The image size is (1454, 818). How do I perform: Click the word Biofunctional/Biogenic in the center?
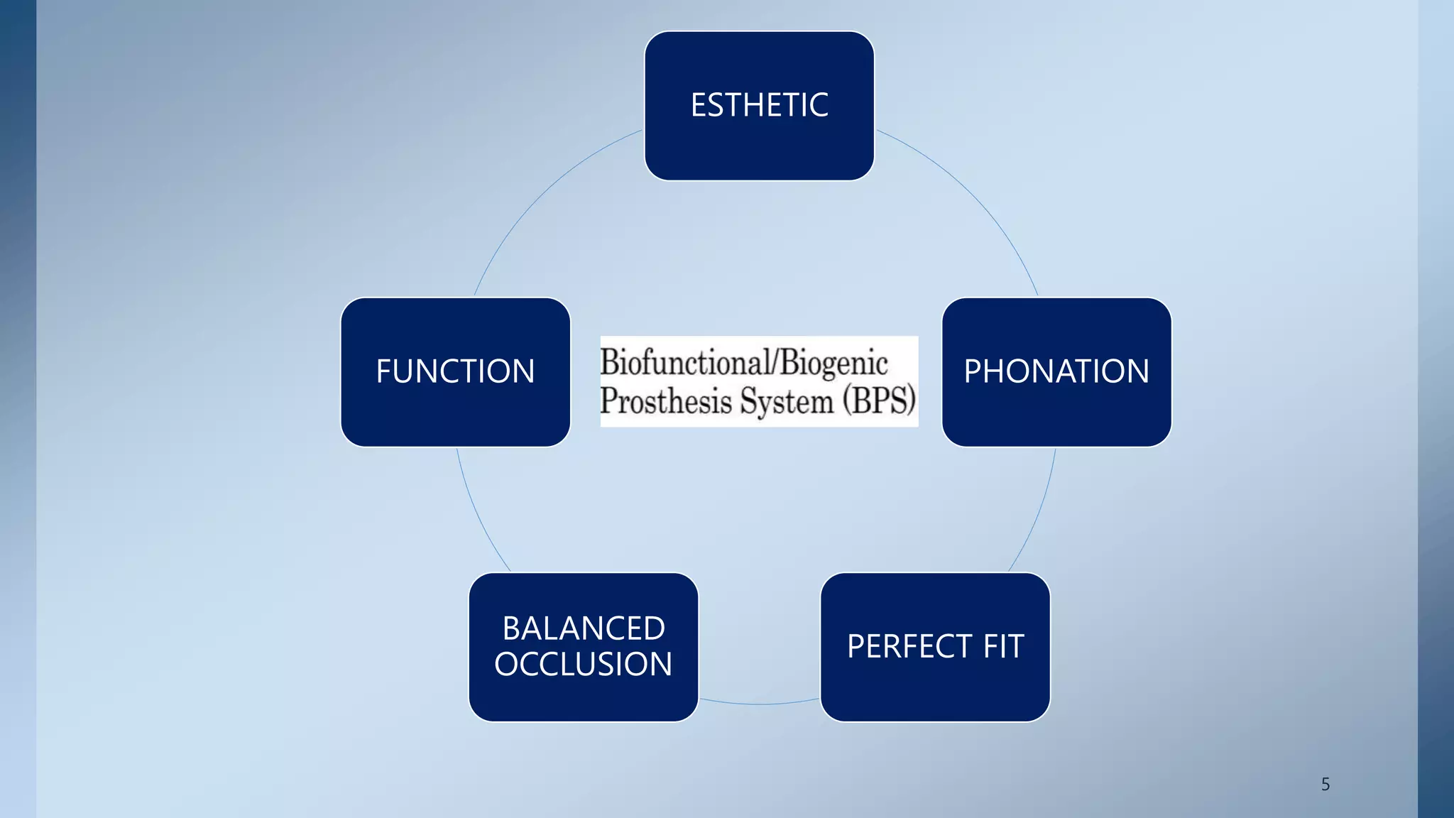743,362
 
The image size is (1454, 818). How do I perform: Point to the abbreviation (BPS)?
879,400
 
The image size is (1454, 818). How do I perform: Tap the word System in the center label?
787,401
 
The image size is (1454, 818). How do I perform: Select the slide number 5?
1325,784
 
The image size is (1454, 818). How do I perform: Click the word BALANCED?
584,628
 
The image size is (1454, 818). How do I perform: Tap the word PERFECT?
909,646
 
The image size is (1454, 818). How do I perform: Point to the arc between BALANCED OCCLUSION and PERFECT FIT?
759,704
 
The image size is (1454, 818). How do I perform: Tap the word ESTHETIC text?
759,105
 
